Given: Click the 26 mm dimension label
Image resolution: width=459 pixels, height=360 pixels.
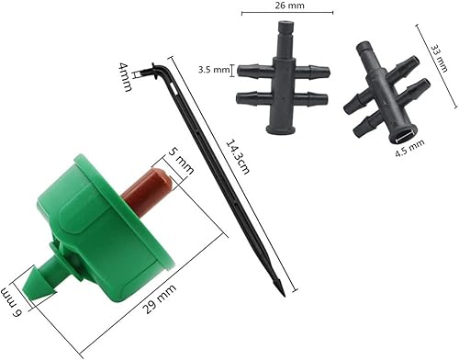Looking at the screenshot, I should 286,6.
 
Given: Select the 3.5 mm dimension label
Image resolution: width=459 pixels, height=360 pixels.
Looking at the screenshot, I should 215,69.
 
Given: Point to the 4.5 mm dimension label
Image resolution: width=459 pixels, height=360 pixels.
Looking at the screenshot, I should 409,144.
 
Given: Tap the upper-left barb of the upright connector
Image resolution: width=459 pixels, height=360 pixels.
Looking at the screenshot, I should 253,69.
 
